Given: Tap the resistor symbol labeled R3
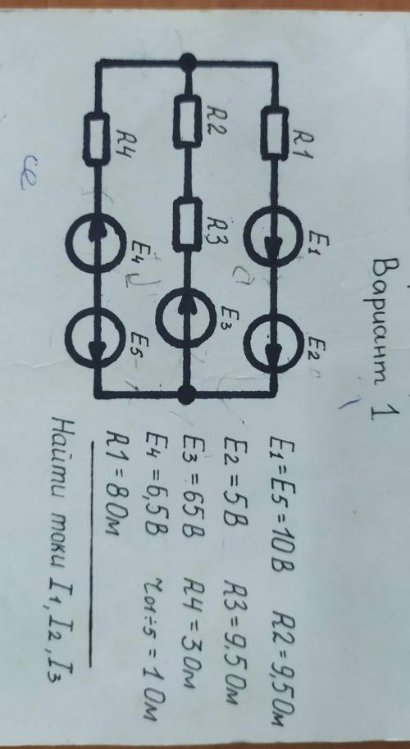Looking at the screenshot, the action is [187, 225].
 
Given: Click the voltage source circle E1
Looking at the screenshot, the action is [273, 237].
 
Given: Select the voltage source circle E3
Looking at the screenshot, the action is [186, 318].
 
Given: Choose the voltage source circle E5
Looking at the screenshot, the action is [96, 338].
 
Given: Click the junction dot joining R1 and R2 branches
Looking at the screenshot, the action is [188, 62].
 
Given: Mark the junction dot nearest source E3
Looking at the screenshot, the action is [186, 394].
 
